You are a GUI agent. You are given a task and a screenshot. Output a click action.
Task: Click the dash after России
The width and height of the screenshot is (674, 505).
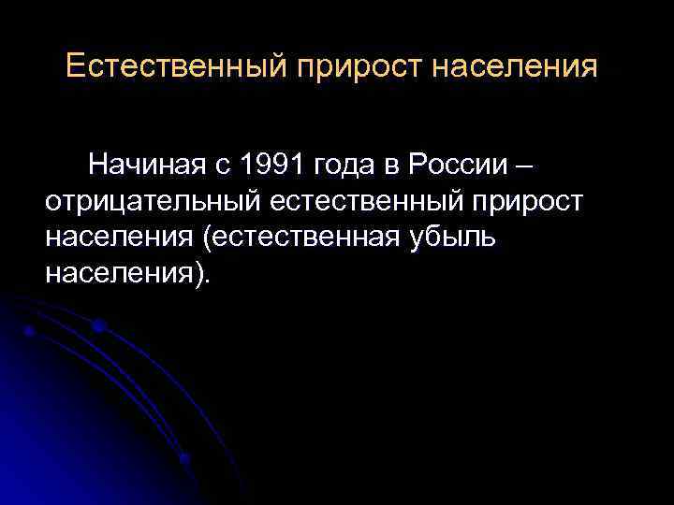[524, 166]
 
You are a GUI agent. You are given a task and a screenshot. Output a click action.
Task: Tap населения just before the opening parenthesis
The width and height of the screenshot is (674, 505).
[118, 238]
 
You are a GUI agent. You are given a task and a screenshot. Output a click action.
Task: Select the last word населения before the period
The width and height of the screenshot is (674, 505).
[118, 273]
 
